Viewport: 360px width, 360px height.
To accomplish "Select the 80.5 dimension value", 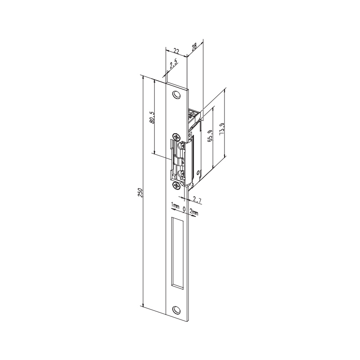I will [x=152, y=117].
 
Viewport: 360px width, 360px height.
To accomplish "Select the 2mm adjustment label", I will [x=194, y=211].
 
